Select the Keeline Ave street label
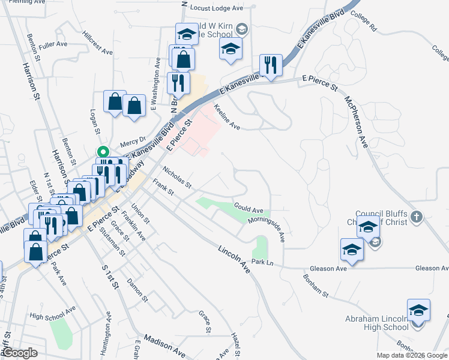227,119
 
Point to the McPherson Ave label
355,120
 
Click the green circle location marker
103,152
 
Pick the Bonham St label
316,287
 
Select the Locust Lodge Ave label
216,8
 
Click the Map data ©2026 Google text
411,355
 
